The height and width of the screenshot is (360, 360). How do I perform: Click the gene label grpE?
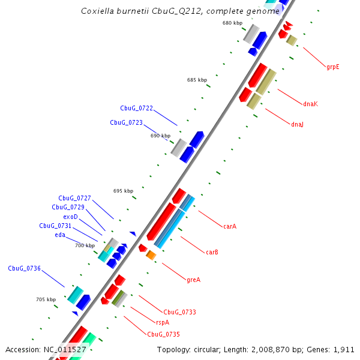(x=333, y=67)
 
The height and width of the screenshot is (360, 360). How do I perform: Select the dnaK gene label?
(x=310, y=104)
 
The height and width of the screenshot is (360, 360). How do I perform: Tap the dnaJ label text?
(x=297, y=124)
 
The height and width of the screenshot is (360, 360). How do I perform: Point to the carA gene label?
(x=230, y=226)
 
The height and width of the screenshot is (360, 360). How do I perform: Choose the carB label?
(x=212, y=252)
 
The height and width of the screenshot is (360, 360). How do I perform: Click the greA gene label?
(x=193, y=279)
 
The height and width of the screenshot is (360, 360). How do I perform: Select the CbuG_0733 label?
(x=179, y=312)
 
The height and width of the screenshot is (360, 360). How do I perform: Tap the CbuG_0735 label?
(x=164, y=334)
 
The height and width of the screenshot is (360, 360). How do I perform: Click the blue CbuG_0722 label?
(x=136, y=109)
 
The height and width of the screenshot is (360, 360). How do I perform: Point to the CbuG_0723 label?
(x=126, y=122)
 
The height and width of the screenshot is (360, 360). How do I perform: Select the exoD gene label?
(x=70, y=217)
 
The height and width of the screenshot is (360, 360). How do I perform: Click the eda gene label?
(x=60, y=235)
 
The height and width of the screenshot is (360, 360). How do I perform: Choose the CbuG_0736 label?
(x=24, y=268)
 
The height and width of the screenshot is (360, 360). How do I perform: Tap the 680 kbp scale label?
(x=232, y=23)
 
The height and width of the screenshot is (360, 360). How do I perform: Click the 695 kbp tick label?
(x=123, y=191)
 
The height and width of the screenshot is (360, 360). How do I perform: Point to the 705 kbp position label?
(x=46, y=299)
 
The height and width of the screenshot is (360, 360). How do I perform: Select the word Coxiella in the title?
(x=98, y=11)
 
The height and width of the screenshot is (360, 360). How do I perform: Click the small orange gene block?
(x=151, y=256)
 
